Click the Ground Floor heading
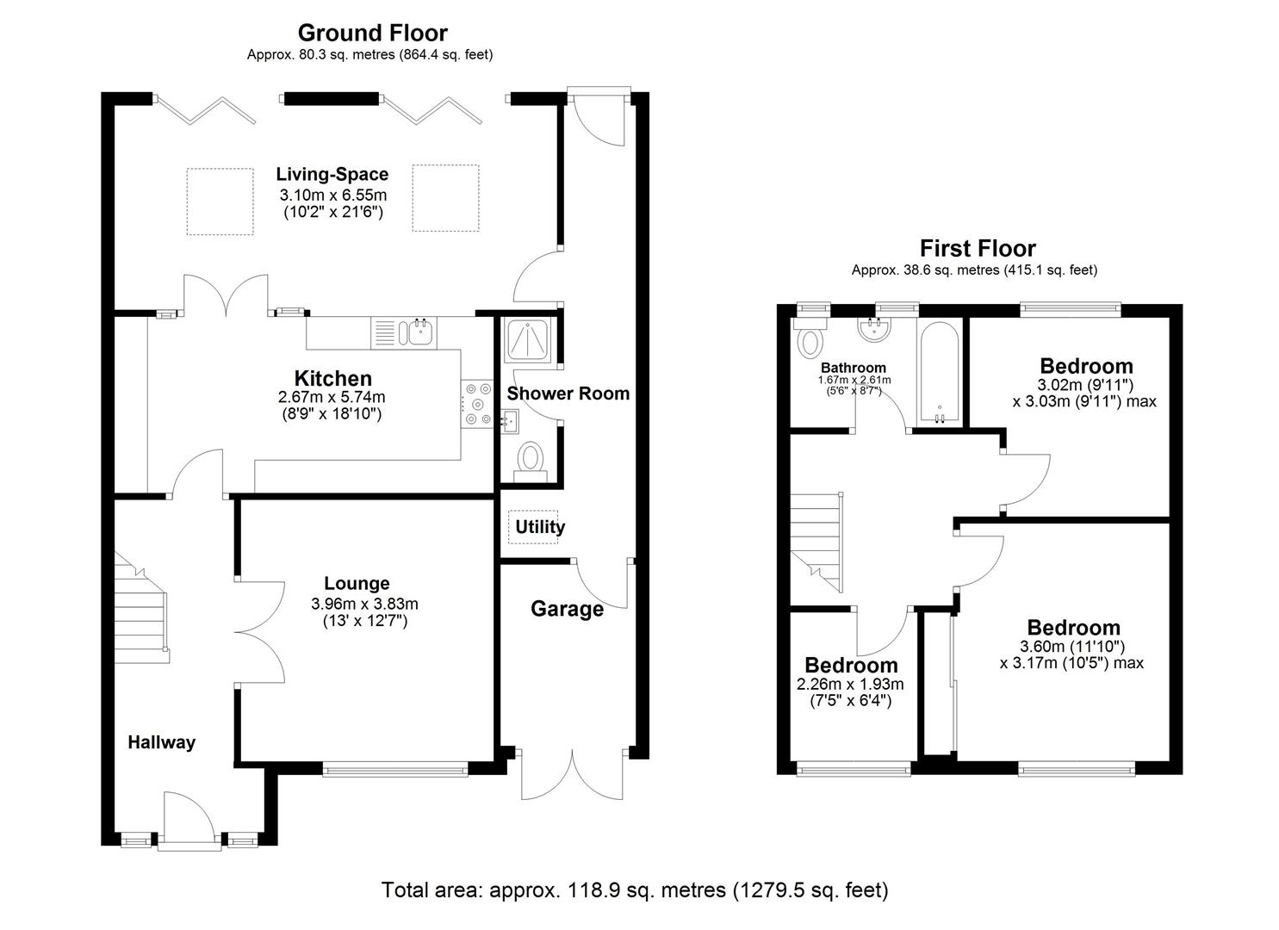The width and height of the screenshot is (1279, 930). (372, 33)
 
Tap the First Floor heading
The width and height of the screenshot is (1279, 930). (978, 249)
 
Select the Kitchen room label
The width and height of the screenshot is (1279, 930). (332, 378)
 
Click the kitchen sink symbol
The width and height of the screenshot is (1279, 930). (420, 332)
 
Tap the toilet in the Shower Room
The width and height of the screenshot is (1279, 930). (530, 460)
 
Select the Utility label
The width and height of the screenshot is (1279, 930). (540, 527)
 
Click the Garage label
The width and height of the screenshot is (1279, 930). (567, 610)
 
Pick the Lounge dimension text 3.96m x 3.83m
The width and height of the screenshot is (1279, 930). (364, 604)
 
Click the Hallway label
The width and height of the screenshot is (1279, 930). (162, 742)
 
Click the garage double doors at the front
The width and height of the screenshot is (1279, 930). (571, 775)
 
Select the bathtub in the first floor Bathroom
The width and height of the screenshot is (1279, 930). (938, 374)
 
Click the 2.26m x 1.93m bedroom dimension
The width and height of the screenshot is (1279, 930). (850, 685)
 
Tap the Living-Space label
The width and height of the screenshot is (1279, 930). (332, 175)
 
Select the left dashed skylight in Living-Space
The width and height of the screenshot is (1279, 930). (220, 201)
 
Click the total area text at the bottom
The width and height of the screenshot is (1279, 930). (635, 890)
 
